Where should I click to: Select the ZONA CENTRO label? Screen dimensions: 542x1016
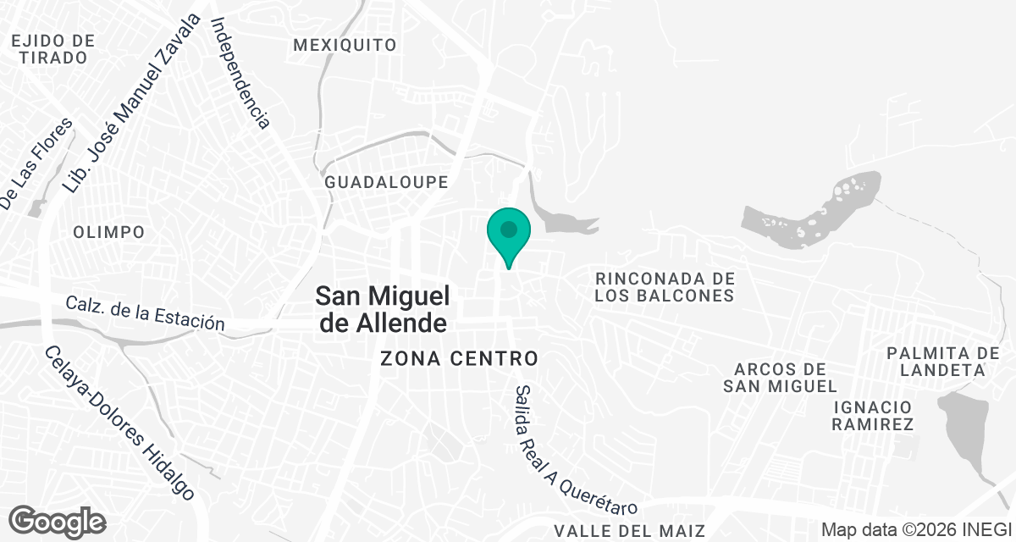tap(460, 358)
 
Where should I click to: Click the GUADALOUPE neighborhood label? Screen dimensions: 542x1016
tap(386, 182)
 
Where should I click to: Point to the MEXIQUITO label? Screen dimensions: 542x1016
tap(345, 45)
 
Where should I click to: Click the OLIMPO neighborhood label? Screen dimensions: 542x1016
tap(108, 232)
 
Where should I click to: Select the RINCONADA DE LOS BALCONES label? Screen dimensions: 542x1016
tap(664, 287)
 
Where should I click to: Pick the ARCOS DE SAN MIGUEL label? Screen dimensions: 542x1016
tap(780, 378)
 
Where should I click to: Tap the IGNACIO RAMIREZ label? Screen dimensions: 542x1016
tap(872, 415)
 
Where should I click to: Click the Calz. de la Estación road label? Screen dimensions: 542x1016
tap(145, 313)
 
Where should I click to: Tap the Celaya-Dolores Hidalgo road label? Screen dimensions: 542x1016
tap(119, 423)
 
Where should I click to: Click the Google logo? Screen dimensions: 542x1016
tap(58, 521)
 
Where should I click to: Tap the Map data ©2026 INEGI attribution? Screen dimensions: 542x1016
tap(916, 530)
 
